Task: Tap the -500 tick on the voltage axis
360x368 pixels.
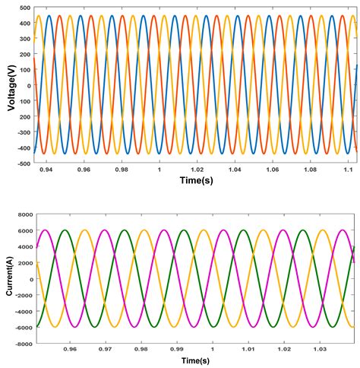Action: pyautogui.click(x=21, y=163)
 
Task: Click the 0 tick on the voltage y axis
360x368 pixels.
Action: pyautogui.click(x=28, y=85)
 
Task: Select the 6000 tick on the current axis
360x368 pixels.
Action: pyautogui.click(x=23, y=230)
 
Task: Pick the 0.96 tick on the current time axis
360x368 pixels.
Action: pyautogui.click(x=71, y=351)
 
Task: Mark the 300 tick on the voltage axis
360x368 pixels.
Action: pyautogui.click(x=24, y=39)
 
